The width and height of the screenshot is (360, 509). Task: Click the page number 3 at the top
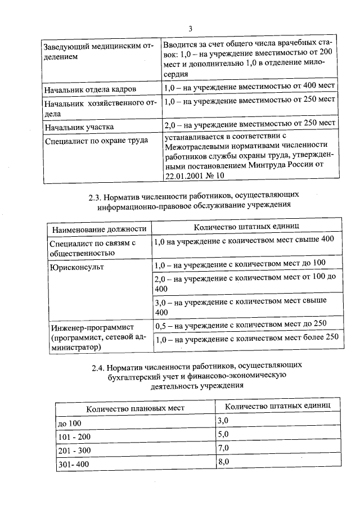click(x=190, y=29)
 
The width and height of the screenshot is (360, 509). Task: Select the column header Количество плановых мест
click(x=135, y=408)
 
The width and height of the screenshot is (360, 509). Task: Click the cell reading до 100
click(x=70, y=422)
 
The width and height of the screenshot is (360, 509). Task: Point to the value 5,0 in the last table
click(x=223, y=434)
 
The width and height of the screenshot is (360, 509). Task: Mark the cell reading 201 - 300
click(x=74, y=451)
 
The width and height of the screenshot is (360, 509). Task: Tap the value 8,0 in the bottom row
click(x=223, y=462)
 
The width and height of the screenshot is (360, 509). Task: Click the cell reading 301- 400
click(x=74, y=465)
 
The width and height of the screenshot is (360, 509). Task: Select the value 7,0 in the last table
click(x=223, y=448)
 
